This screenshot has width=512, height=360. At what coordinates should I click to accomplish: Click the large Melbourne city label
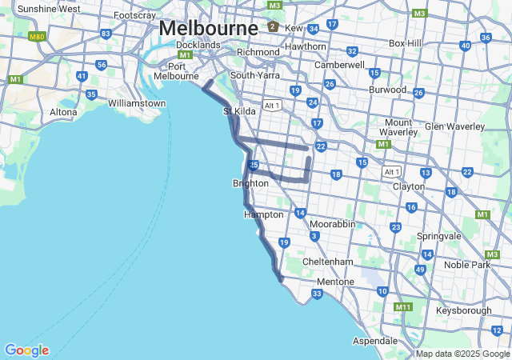pyautogui.click(x=208, y=27)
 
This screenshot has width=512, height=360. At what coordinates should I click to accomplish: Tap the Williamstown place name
pyautogui.click(x=137, y=103)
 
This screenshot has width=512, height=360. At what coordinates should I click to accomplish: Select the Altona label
pyautogui.click(x=63, y=112)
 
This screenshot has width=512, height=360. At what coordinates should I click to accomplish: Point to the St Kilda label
pyautogui.click(x=239, y=111)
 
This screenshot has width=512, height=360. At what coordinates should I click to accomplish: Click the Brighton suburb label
pyautogui.click(x=250, y=183)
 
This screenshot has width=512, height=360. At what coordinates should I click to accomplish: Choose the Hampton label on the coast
pyautogui.click(x=264, y=214)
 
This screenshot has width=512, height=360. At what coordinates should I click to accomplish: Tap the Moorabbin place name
pyautogui.click(x=332, y=224)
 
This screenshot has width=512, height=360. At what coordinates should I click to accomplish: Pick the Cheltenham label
pyautogui.click(x=328, y=262)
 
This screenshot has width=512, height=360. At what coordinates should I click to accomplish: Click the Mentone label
pyautogui.click(x=335, y=282)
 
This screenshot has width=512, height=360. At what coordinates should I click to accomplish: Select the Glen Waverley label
pyautogui.click(x=454, y=126)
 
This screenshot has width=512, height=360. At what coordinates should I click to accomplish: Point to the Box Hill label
pyautogui.click(x=410, y=42)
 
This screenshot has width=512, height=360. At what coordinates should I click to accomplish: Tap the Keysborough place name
pyautogui.click(x=464, y=310)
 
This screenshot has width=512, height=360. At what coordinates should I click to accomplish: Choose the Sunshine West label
pyautogui.click(x=48, y=9)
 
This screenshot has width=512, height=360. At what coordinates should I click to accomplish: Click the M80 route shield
pyautogui.click(x=36, y=37)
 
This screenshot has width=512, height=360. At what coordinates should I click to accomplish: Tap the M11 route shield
pyautogui.click(x=402, y=307)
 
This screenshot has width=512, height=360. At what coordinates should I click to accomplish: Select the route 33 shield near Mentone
pyautogui.click(x=318, y=294)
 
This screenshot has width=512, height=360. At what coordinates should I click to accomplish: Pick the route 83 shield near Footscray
pyautogui.click(x=106, y=34)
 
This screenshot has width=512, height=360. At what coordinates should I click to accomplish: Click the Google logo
pyautogui.click(x=26, y=350)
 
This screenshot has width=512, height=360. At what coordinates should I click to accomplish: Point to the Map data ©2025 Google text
pyautogui.click(x=462, y=354)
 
